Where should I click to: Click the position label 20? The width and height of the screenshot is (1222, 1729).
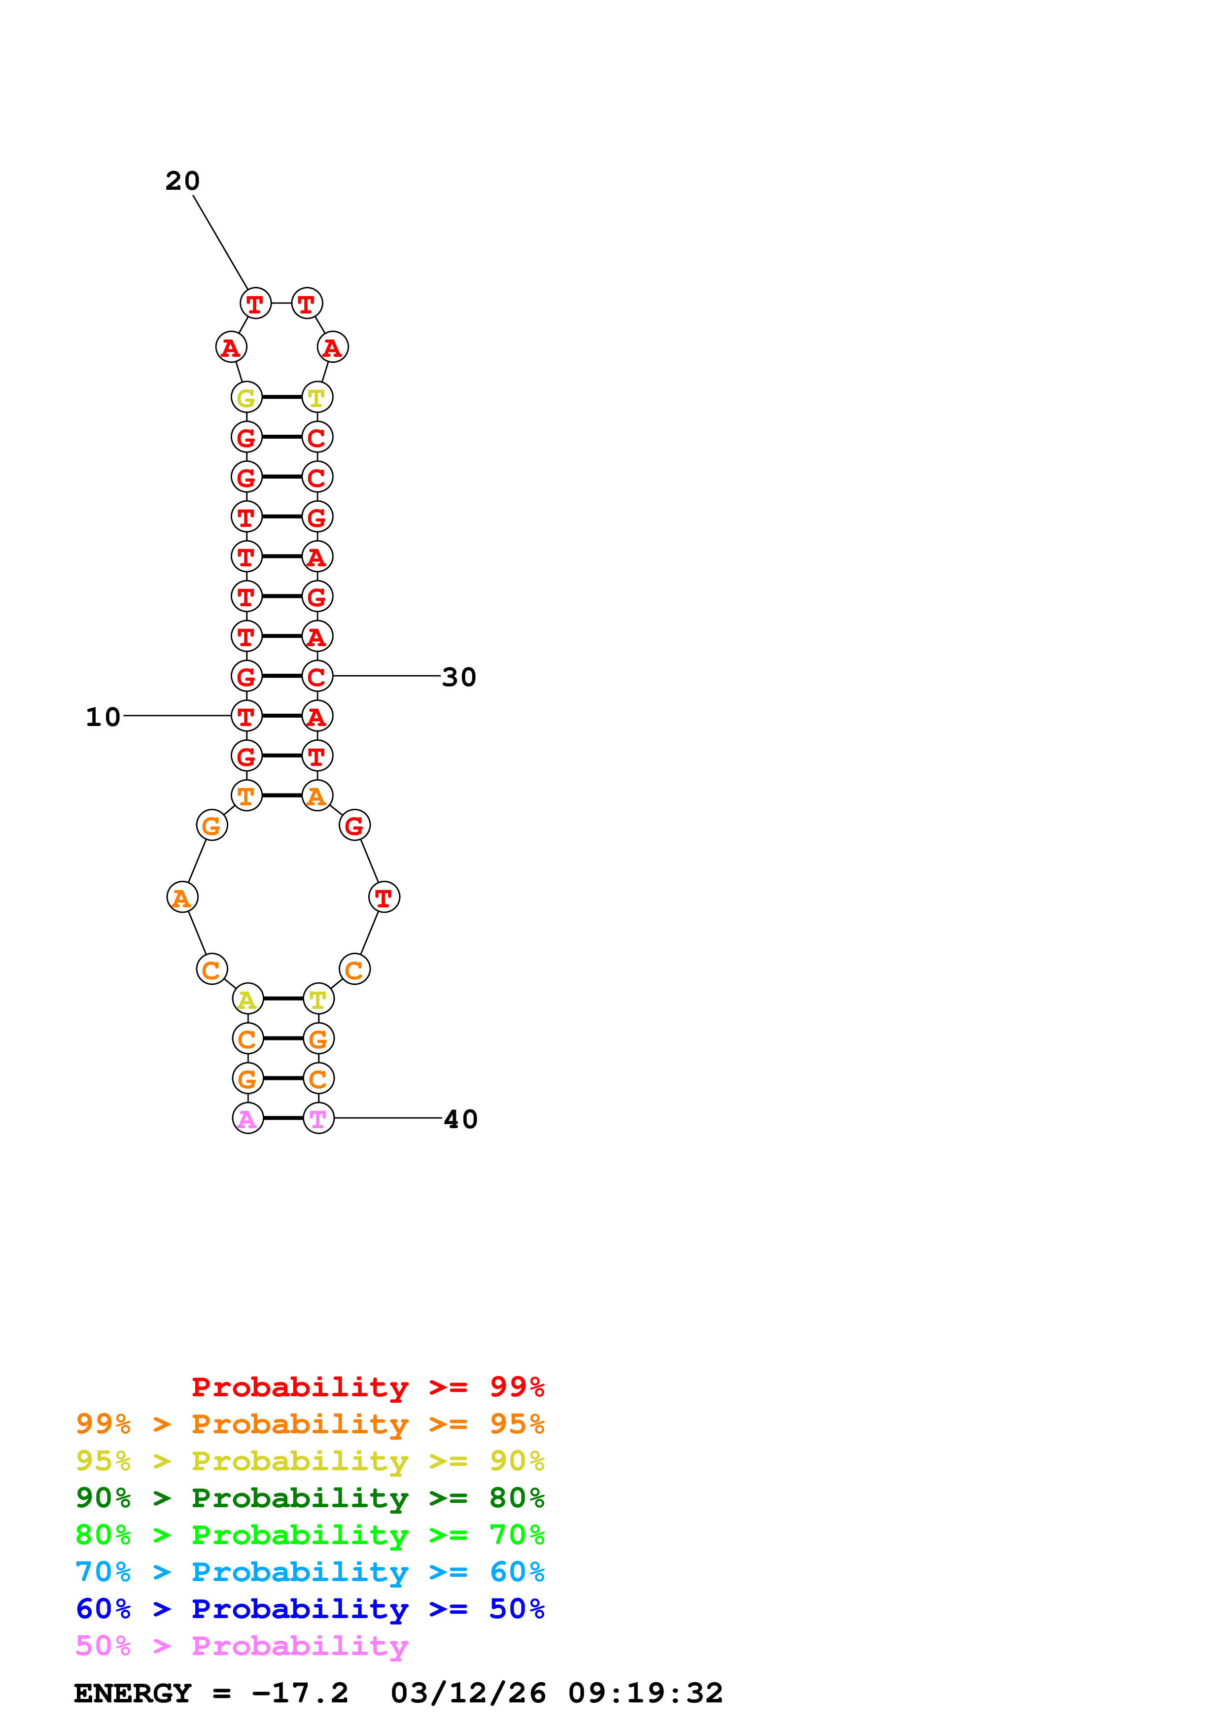(182, 181)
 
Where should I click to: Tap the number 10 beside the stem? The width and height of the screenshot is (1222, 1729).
(103, 717)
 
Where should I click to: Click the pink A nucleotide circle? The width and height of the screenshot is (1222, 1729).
(248, 1118)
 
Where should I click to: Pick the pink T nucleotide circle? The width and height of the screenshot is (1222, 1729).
(318, 1118)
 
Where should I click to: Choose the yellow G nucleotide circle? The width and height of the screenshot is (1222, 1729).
(246, 398)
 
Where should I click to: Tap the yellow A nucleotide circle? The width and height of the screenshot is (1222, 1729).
(248, 999)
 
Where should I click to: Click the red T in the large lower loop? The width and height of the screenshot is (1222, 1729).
(384, 898)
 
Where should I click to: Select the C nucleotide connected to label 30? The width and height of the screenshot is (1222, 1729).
(317, 676)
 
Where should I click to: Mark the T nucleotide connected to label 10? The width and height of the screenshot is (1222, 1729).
(246, 716)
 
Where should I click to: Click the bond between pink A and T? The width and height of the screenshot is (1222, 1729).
(283, 1118)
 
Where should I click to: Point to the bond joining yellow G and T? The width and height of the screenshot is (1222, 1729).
(281, 397)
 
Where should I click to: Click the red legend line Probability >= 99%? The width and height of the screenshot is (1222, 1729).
(367, 1387)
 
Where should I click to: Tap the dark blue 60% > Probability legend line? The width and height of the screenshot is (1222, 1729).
(310, 1609)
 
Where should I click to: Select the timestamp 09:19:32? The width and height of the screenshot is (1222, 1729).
(645, 1694)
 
